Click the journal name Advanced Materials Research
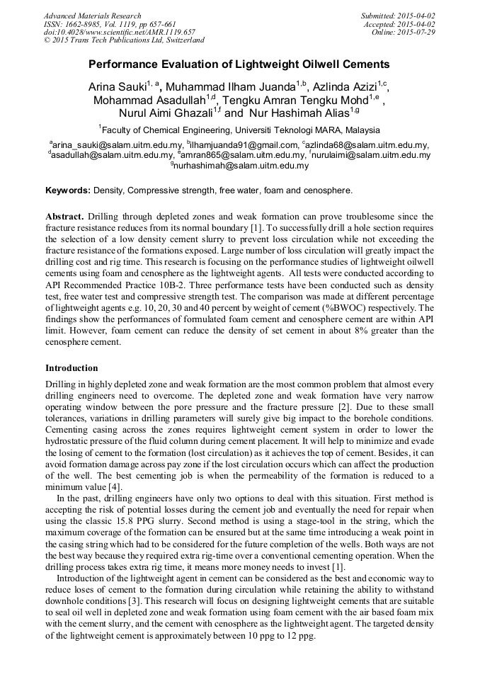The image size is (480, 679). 92,16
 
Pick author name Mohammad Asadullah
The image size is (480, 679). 149,101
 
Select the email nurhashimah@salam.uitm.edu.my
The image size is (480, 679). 241,166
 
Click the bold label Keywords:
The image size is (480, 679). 68,190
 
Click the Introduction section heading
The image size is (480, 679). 72,368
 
